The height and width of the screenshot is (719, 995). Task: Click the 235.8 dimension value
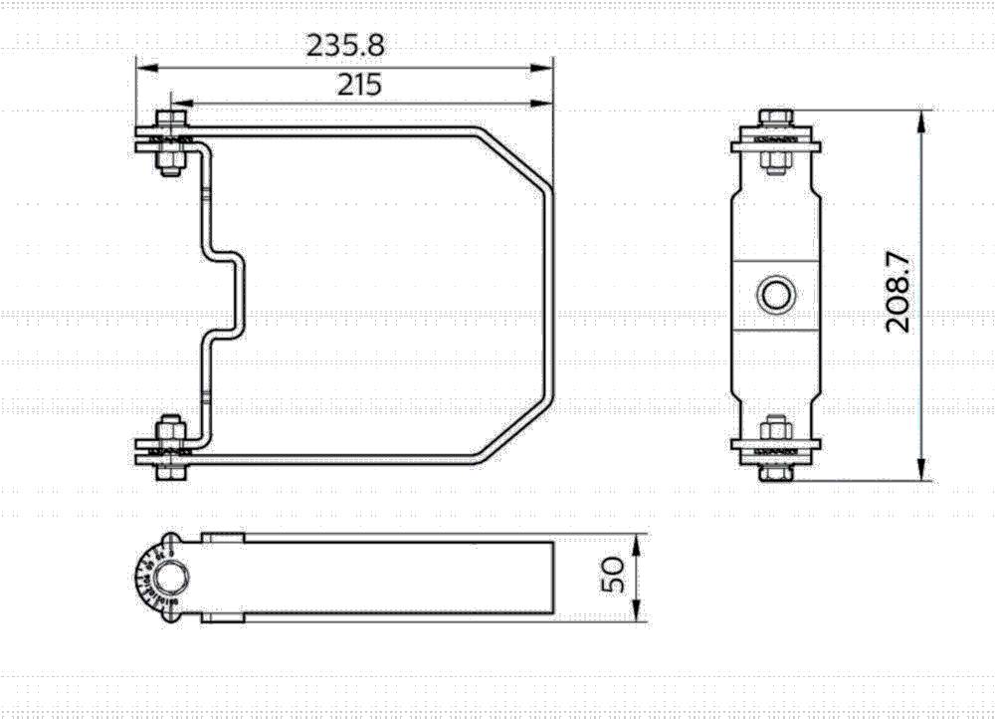345,45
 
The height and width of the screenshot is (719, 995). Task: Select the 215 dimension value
358,85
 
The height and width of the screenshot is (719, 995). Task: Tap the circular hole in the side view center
775,294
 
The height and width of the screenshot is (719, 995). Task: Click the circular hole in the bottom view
170,577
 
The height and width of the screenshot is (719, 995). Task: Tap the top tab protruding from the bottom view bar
223,537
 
